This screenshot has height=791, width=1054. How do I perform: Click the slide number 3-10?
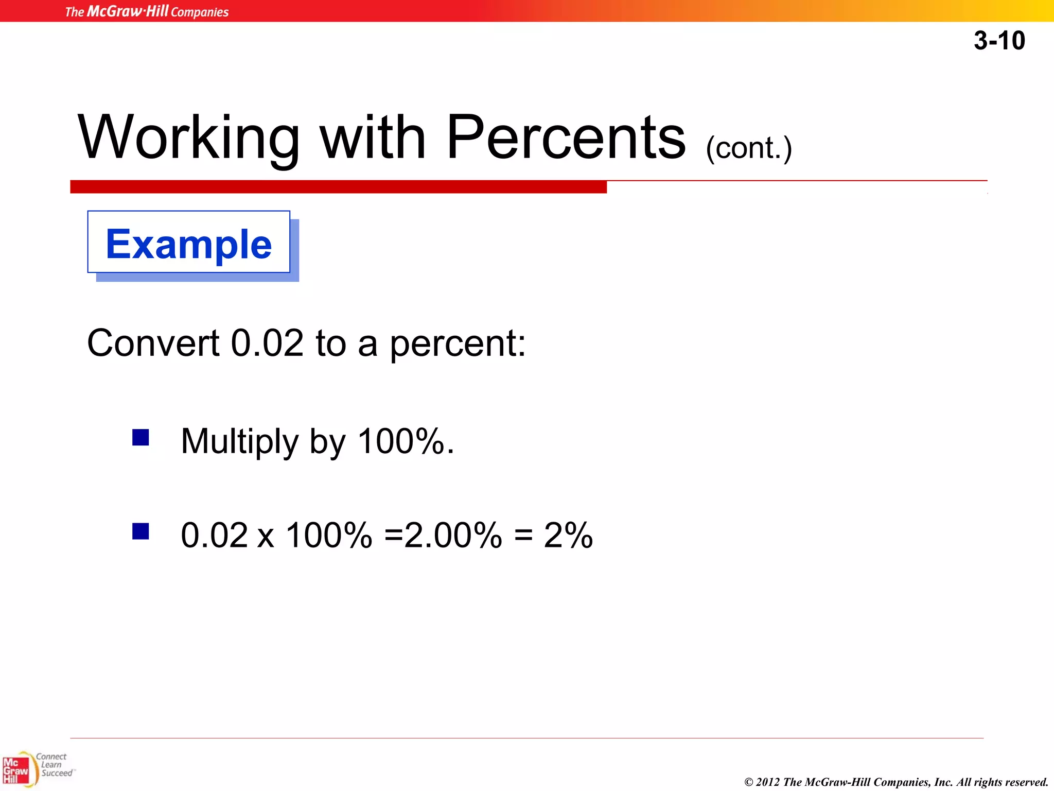(x=999, y=40)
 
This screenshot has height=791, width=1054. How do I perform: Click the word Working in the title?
(x=188, y=138)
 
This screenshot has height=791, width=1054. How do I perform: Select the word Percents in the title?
(x=566, y=137)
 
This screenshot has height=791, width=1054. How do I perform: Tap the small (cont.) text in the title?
(x=748, y=148)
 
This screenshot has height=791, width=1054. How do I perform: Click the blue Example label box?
(x=189, y=243)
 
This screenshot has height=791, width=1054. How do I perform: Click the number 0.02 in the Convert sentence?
(x=267, y=343)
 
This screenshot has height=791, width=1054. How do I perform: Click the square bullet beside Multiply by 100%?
(x=140, y=438)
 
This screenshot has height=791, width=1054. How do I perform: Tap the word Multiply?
(x=239, y=442)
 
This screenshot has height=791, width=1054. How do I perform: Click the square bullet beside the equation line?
(x=140, y=531)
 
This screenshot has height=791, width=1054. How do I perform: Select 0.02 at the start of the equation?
(x=214, y=535)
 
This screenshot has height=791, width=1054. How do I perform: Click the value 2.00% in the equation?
(x=453, y=535)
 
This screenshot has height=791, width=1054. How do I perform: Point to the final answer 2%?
(x=568, y=535)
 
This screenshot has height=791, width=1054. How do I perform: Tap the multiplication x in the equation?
(x=266, y=537)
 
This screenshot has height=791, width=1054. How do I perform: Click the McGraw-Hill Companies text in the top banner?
(x=147, y=11)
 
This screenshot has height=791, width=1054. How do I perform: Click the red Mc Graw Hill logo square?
(x=16, y=770)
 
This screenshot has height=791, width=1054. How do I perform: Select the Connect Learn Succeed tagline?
(x=55, y=765)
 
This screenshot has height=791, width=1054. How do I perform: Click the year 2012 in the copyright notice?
(x=767, y=782)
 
